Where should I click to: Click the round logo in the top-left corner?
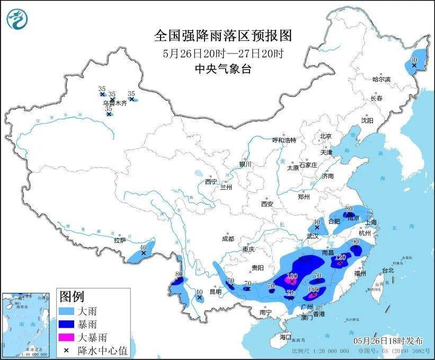(x=18, y=19)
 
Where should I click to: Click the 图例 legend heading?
(x=72, y=296)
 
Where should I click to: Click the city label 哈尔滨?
(x=381, y=79)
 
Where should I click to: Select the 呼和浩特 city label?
(x=284, y=140)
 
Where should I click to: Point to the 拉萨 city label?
(x=119, y=240)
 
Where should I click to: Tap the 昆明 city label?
(x=216, y=292)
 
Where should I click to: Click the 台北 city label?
(x=387, y=270)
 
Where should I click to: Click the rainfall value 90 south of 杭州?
(x=355, y=242)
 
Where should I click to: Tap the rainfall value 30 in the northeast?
(x=414, y=60)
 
